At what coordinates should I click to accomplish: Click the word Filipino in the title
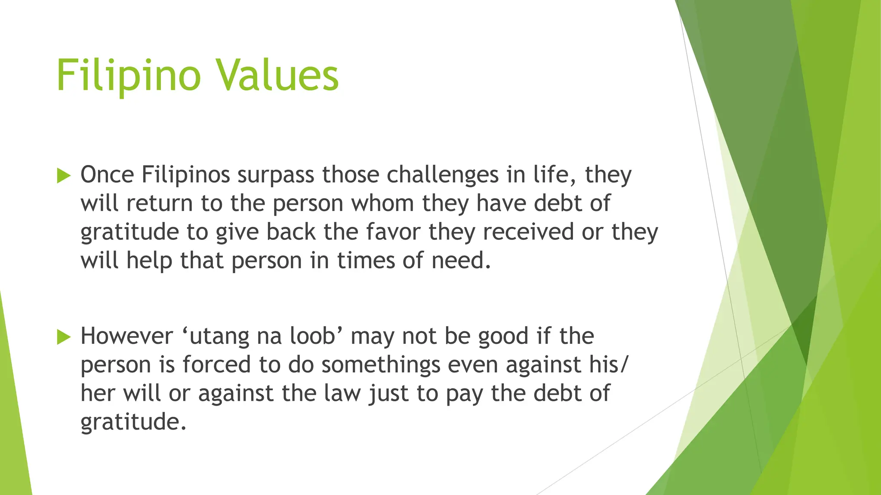coord(128,76)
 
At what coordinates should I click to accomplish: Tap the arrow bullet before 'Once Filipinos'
coord(63,176)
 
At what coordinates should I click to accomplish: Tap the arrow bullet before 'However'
coord(63,337)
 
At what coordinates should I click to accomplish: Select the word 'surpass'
coord(275,176)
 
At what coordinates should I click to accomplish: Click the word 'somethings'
coord(381,365)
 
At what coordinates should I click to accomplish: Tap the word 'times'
coord(366,260)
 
